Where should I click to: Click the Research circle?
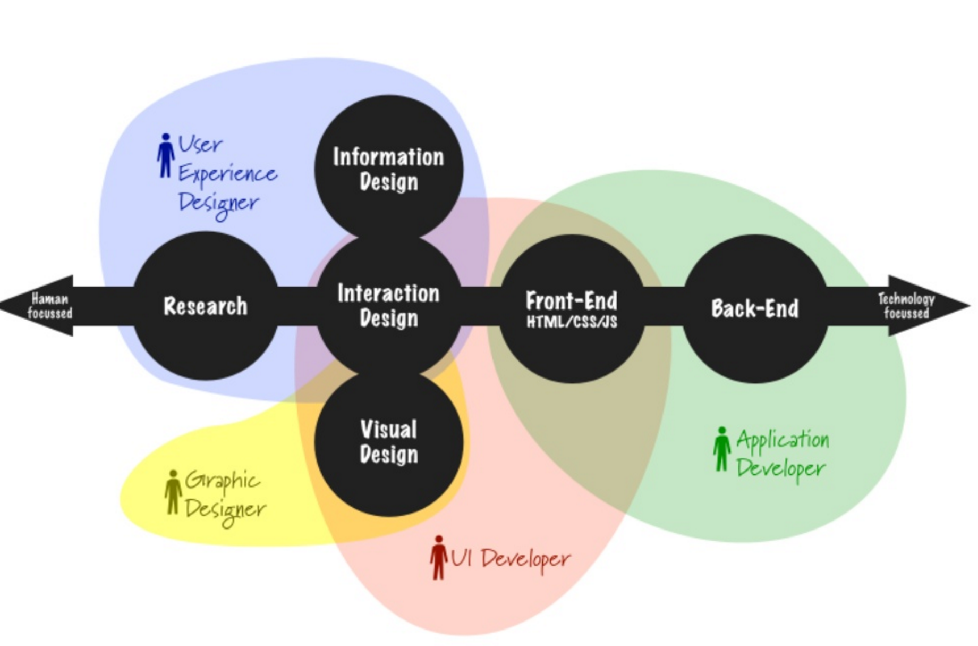tap(205, 306)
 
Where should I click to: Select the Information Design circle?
tap(388, 169)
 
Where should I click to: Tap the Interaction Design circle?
tap(388, 306)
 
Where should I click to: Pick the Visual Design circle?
tap(388, 442)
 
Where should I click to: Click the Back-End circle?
tap(755, 308)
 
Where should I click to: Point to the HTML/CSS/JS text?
tap(572, 322)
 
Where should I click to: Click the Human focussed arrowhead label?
tap(49, 306)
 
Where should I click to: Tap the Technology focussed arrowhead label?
tap(906, 306)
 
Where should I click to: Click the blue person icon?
tap(166, 155)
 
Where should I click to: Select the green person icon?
tap(721, 449)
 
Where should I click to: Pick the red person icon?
tap(439, 557)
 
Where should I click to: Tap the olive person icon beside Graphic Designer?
tap(173, 492)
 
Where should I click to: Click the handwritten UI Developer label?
tap(511, 559)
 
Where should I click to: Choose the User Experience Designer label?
tap(226, 173)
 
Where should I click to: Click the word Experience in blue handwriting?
tap(227, 174)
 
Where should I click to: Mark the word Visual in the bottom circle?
tap(388, 430)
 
